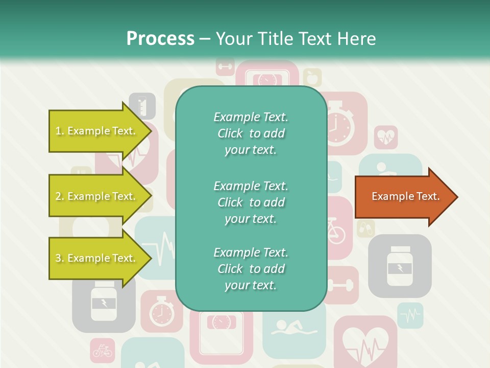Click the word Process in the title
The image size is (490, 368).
(160, 38)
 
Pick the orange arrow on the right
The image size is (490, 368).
(406, 196)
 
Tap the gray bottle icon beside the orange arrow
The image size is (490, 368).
(399, 266)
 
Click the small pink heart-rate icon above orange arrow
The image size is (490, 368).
(386, 137)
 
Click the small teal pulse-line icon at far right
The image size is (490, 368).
(410, 315)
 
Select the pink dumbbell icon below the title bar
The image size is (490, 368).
(225, 66)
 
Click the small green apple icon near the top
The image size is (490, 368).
(312, 78)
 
